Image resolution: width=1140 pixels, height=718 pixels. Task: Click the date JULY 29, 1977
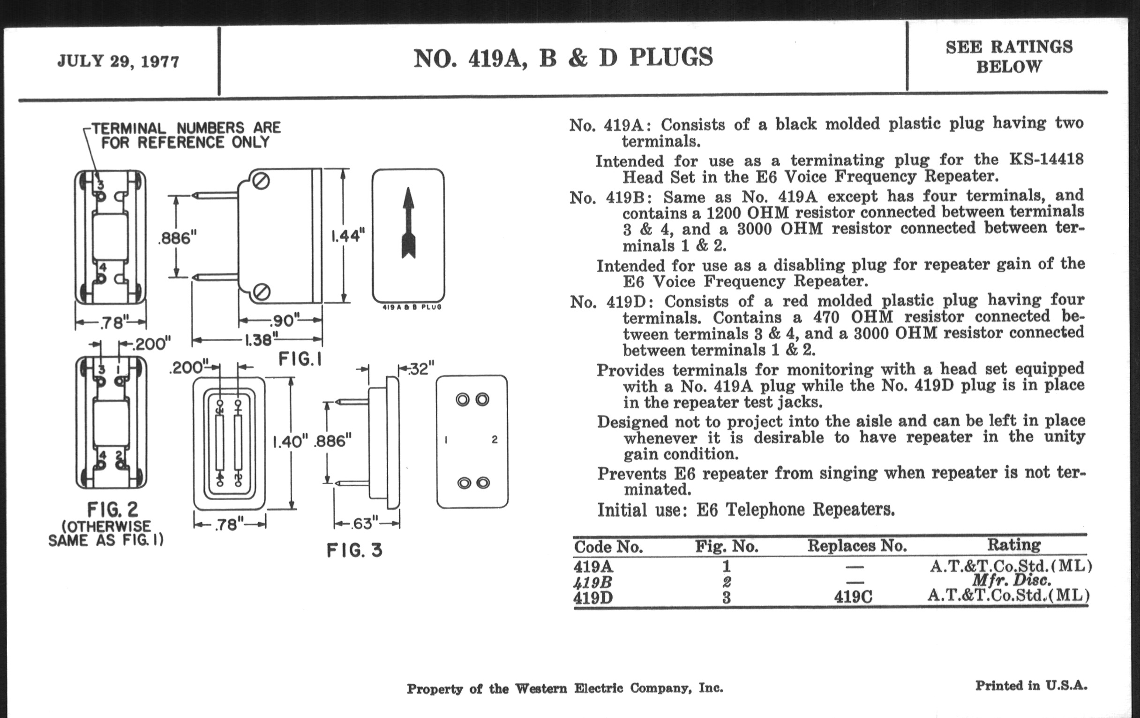click(118, 61)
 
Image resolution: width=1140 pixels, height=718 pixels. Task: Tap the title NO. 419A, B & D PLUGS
click(563, 58)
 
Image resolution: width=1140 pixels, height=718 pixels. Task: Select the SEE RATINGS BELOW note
click(1009, 56)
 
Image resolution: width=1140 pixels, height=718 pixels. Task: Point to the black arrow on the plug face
click(408, 223)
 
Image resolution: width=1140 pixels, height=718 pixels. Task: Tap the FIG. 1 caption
click(300, 359)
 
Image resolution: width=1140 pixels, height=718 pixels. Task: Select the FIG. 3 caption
click(354, 550)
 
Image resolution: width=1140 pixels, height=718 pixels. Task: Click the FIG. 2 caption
click(112, 510)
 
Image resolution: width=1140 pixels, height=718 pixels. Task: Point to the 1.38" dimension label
click(258, 340)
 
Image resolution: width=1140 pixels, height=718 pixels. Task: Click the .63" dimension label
click(364, 524)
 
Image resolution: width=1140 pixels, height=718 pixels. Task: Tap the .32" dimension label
click(421, 369)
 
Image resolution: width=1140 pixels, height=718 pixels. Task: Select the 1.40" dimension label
click(290, 442)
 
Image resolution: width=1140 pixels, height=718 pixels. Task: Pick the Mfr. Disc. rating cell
click(1011, 580)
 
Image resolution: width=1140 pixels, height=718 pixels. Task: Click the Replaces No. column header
click(857, 546)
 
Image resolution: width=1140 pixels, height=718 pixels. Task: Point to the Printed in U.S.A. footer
click(1031, 685)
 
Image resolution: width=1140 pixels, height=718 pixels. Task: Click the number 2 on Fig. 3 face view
click(494, 440)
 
